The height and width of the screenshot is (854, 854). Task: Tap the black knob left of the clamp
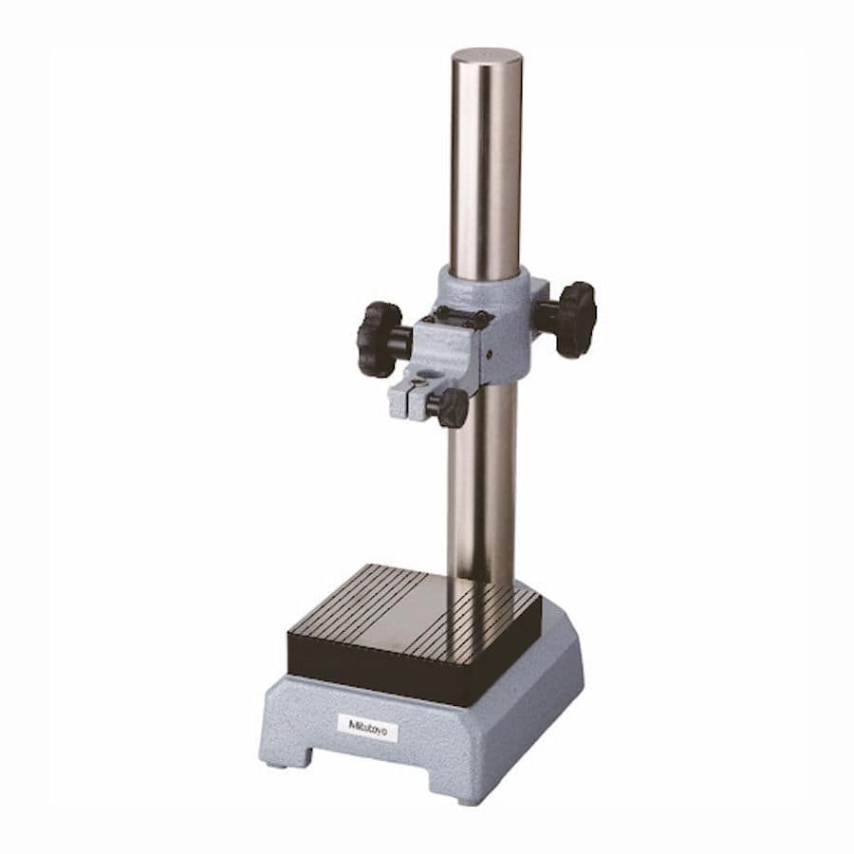coord(379,340)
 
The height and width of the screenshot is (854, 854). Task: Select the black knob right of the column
coord(575,320)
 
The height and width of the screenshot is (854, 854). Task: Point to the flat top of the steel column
coord(487,56)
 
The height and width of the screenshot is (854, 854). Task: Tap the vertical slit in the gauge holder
coord(408,403)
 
